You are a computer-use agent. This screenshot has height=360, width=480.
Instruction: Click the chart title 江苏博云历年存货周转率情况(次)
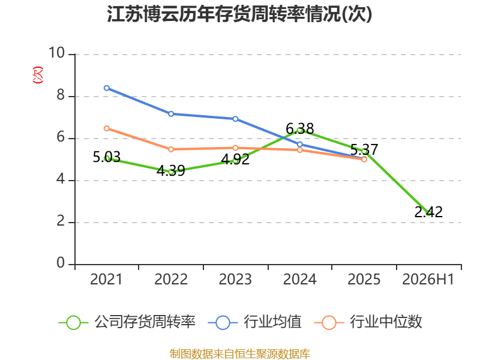tap(239, 14)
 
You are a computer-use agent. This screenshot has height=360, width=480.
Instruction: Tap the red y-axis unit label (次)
tap(38, 74)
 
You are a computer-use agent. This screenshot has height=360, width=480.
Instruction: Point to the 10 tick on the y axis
tap(56, 53)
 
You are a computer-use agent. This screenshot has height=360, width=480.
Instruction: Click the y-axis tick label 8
tap(61, 95)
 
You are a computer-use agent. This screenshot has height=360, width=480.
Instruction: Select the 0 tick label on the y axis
tap(61, 263)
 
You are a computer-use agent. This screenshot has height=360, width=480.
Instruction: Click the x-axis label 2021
tap(106, 279)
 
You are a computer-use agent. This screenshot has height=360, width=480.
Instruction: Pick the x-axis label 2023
tap(235, 279)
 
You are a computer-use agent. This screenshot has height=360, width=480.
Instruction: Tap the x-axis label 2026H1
tap(428, 279)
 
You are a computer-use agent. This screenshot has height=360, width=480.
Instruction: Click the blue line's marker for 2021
tap(107, 88)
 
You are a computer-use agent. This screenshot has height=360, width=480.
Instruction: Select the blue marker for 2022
tap(171, 114)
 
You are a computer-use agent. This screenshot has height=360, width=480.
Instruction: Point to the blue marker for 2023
tap(235, 119)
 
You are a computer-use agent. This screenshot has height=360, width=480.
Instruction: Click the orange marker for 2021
tap(107, 128)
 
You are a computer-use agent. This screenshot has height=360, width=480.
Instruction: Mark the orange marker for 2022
tap(171, 149)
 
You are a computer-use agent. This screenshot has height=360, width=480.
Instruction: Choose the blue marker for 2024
tap(299, 144)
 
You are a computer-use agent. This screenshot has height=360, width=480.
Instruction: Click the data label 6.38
tap(299, 128)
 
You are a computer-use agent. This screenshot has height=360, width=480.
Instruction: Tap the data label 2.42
tap(428, 212)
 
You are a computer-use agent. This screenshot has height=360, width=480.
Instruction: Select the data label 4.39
tap(171, 170)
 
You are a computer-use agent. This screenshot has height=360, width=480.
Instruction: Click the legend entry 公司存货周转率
tap(127, 322)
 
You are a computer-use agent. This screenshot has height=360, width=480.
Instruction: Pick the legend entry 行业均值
tap(254, 322)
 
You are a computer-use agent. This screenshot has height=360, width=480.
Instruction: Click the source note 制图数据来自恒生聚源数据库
tap(240, 354)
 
